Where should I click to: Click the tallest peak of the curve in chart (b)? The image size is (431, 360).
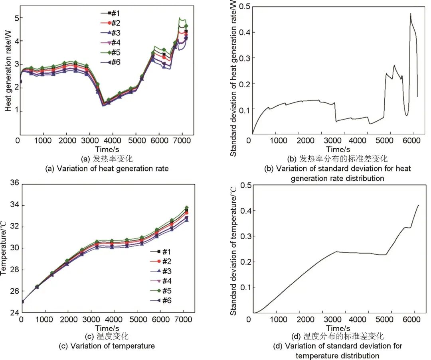tap(410, 14)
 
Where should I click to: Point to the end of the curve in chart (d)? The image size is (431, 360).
tap(418, 205)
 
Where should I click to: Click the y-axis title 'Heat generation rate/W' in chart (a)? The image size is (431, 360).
tap(8, 75)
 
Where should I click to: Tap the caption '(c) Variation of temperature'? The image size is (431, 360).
tap(113, 346)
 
